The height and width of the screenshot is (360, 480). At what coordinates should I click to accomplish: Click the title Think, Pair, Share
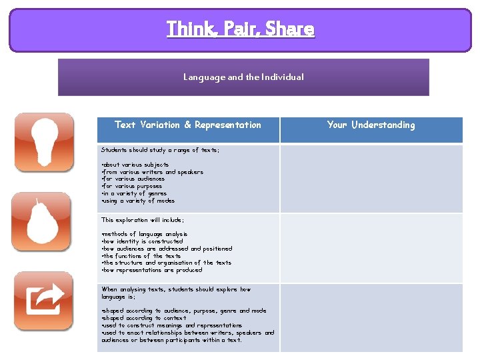(x=240, y=29)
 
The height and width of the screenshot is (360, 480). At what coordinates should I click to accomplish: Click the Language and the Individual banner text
(x=243, y=77)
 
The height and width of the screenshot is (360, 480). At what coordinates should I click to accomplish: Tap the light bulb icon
(x=44, y=142)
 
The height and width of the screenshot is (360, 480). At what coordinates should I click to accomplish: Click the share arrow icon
(x=44, y=301)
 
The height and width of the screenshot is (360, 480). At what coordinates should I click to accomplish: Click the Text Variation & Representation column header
(x=188, y=125)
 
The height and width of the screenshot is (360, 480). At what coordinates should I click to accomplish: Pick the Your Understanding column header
(x=371, y=125)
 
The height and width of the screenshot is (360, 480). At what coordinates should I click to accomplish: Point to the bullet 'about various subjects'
(x=135, y=165)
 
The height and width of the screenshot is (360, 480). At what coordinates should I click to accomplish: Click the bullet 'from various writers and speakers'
(x=153, y=172)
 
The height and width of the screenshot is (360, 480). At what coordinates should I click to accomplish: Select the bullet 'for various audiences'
(x=133, y=179)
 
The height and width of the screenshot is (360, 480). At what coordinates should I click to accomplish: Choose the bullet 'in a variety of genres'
(x=135, y=193)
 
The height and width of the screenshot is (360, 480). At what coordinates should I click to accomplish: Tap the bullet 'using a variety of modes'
(x=138, y=201)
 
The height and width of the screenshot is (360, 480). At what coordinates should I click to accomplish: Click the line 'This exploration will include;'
(x=143, y=220)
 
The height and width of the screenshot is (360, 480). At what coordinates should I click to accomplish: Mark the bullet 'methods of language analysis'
(x=145, y=235)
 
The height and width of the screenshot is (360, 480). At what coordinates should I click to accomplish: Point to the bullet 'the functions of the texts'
(x=141, y=256)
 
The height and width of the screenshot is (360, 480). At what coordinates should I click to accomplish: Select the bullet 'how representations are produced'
(x=151, y=270)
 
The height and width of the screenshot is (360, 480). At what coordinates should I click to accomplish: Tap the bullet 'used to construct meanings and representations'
(x=172, y=325)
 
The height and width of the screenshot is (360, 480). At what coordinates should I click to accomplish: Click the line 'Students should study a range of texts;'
(x=160, y=151)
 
